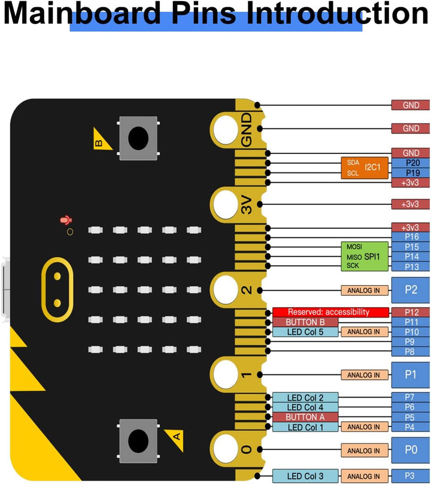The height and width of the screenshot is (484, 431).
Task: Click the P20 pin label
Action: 411,163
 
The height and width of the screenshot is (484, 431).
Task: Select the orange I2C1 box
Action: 363,168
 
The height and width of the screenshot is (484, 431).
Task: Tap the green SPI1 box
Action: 365,256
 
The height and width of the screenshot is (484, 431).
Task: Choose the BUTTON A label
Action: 305,417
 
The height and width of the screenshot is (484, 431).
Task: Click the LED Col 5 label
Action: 305,332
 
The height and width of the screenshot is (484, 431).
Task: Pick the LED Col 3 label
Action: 305,476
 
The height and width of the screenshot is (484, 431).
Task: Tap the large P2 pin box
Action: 411,290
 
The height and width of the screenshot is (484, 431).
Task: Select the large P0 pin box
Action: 411,450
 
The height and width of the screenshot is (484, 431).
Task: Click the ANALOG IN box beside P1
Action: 364,375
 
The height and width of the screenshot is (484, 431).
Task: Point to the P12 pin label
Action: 411,312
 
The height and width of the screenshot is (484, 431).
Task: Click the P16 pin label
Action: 411,237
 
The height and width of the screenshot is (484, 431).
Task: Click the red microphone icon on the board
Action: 65,220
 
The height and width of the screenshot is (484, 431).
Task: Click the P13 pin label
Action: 411,267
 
